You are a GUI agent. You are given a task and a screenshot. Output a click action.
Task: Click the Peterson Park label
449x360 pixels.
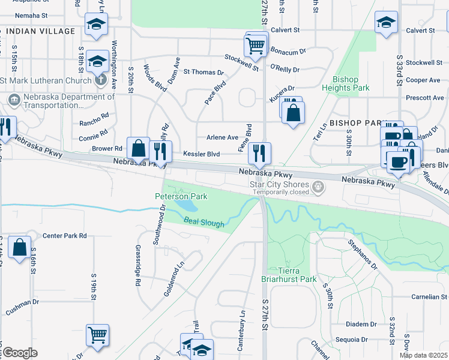(x=181, y=196)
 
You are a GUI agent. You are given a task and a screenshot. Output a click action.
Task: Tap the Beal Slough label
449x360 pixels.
(x=204, y=224)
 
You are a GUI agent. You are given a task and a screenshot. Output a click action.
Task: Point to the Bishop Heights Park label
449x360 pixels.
(x=345, y=83)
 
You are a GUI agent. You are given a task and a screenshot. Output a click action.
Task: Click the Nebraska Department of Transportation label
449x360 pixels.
(x=60, y=100)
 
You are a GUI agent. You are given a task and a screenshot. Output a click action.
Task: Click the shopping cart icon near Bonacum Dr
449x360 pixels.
(x=256, y=46)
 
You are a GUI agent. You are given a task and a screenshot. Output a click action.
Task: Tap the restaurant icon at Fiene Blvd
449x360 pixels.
(x=259, y=152)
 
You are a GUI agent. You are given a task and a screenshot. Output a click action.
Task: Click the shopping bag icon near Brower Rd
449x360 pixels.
(x=138, y=148)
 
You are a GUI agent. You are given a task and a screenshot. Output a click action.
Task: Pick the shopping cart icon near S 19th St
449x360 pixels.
(x=97, y=335)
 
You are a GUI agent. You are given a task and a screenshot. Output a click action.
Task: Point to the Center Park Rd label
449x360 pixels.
(x=65, y=236)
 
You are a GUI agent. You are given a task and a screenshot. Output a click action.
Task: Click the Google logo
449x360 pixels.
(x=20, y=353)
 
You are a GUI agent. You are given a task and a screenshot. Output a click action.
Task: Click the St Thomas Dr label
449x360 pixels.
(x=203, y=72)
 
